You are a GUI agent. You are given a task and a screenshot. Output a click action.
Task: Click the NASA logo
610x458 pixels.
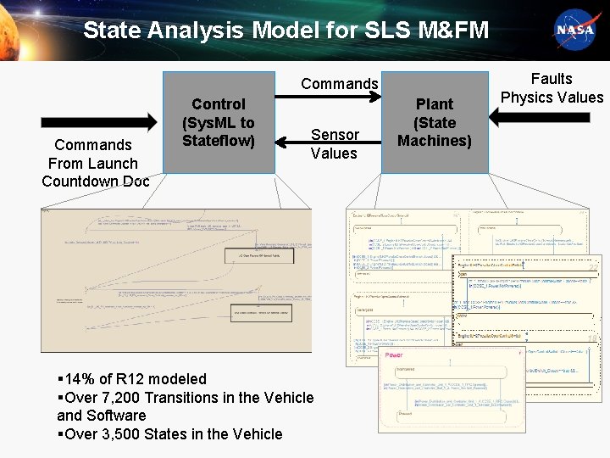[x=575, y=31]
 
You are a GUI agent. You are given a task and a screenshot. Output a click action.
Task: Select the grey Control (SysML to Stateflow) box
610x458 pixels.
[x=219, y=122]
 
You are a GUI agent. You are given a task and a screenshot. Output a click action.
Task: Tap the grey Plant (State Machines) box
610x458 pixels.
[x=435, y=122]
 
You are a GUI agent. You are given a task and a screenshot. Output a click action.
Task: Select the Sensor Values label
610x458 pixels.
[x=335, y=143]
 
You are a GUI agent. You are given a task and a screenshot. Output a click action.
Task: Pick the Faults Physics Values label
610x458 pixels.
[x=552, y=88]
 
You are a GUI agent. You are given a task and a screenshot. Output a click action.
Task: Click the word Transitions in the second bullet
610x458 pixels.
[x=186, y=397]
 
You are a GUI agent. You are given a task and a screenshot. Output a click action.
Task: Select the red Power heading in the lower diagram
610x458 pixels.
[x=394, y=355]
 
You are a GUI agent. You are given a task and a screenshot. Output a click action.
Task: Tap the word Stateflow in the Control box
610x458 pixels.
[x=219, y=141]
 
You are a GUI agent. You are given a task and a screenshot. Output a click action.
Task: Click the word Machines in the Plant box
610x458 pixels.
[x=435, y=141]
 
